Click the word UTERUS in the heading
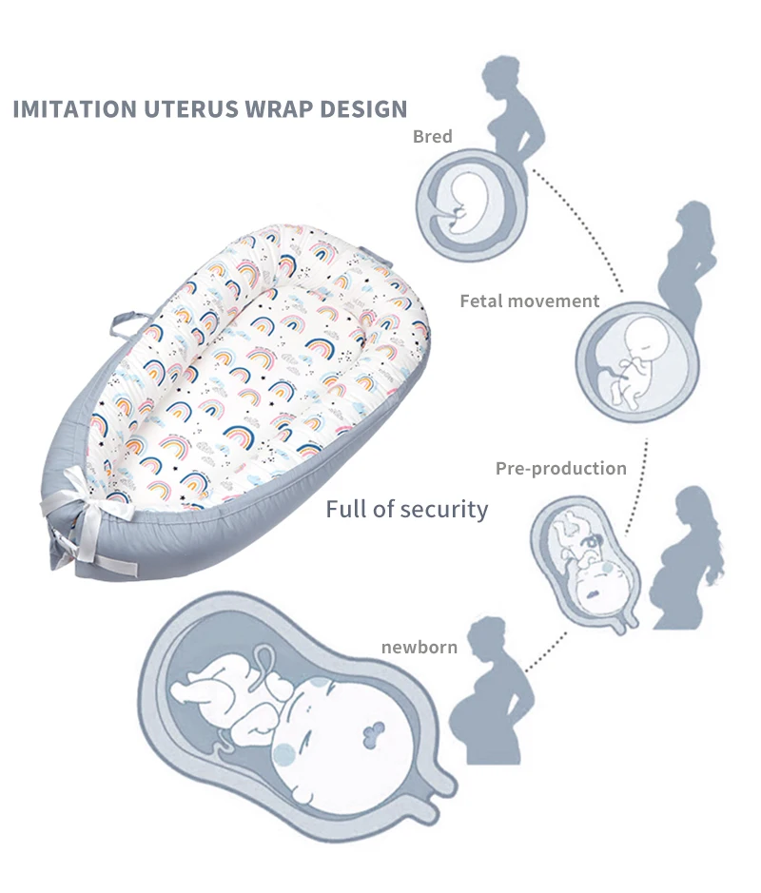coord(194,108)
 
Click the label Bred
coord(432,137)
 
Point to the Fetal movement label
coord(530,301)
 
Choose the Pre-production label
coord(561,468)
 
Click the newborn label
coord(420,648)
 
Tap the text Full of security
coord(407,509)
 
